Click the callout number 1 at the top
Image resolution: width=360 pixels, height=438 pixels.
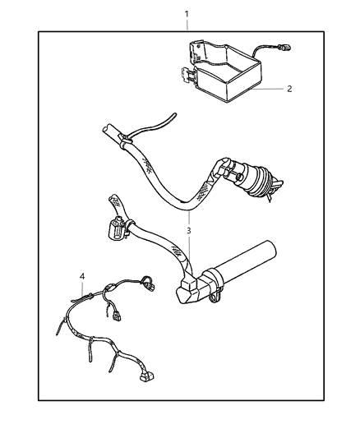point(187,14)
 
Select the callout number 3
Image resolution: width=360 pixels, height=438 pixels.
point(190,231)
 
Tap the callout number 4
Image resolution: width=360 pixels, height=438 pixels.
point(82,275)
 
